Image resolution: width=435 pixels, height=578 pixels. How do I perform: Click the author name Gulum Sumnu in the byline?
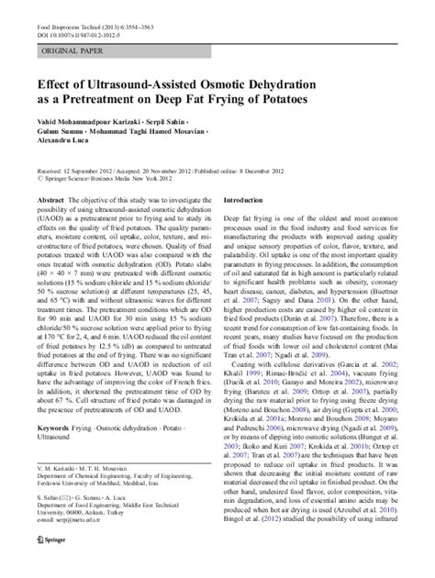pyautogui.click(x=61, y=135)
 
